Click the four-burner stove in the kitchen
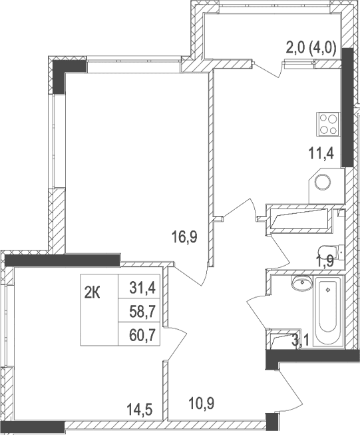pos(328,122)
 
